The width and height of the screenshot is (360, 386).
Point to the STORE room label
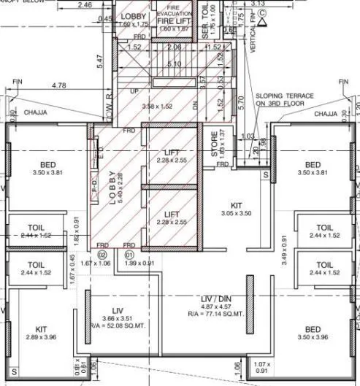click(215, 144)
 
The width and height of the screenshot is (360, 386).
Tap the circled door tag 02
click(102, 255)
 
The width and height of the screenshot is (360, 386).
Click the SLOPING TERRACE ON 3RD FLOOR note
click(286, 100)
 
